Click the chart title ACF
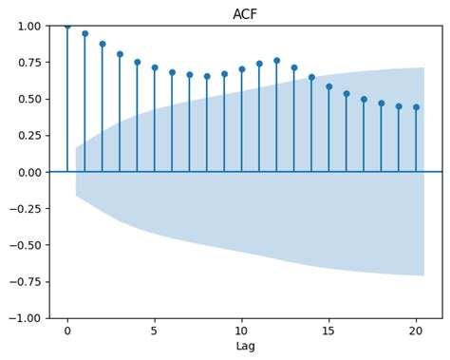[x=245, y=13]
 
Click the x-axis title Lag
[x=245, y=347]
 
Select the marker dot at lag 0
[x=67, y=26]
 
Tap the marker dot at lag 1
[x=84, y=33]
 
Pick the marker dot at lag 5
[x=155, y=67]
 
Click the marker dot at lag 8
[x=207, y=76]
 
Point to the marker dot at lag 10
[x=242, y=68]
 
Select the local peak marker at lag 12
[x=276, y=61]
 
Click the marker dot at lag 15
[x=329, y=86]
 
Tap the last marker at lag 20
[x=416, y=106]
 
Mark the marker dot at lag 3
[x=120, y=54]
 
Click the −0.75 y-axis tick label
[x=26, y=281]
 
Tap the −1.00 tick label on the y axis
[x=26, y=318]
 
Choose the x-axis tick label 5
[x=155, y=331]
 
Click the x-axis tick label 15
[x=329, y=331]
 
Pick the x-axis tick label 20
[x=416, y=331]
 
